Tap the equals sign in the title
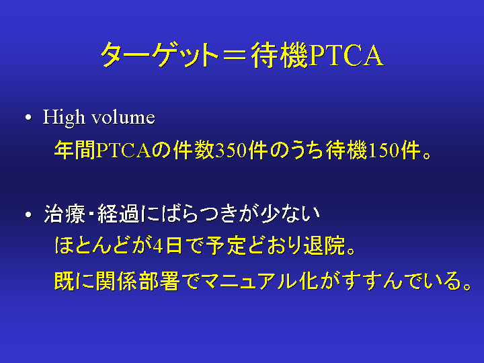tap(235, 55)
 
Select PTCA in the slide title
tap(346, 55)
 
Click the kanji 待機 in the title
tap(280, 55)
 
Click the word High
tap(64, 117)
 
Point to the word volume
tap(124, 117)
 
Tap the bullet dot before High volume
tap(28, 118)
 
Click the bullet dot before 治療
tap(28, 214)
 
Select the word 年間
tap(75, 151)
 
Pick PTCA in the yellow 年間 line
tap(124, 151)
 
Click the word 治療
tap(65, 214)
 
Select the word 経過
tap(119, 214)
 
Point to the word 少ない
tap(290, 214)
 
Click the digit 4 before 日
tap(158, 246)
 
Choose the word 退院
tap(325, 246)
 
